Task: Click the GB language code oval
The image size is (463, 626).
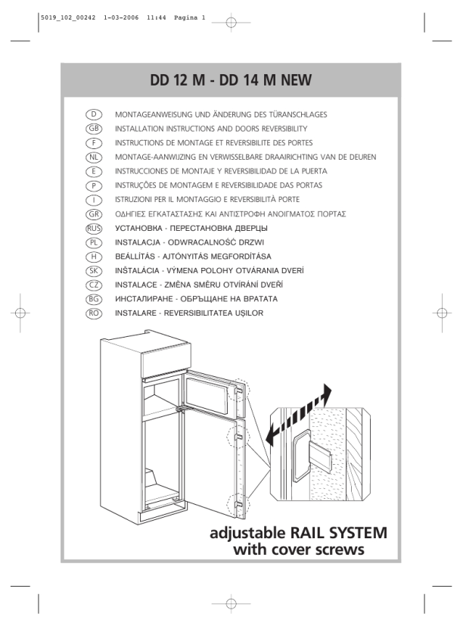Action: point(94,129)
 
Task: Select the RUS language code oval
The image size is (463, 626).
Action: point(94,229)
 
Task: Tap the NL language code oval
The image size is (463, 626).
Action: point(94,157)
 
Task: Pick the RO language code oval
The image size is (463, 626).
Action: point(94,313)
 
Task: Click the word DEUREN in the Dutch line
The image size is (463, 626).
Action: point(362,157)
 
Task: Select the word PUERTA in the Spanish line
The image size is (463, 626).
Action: point(314,171)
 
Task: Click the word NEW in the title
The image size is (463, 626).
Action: point(296,80)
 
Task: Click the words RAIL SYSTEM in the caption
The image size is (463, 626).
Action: point(338,533)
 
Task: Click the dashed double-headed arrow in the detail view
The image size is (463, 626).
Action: point(299,415)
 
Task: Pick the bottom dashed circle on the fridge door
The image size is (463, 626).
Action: point(238,505)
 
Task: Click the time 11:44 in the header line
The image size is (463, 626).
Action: point(156,17)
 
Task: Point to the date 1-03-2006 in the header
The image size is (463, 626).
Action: point(121,17)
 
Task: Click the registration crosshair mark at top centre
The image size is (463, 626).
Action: point(231,23)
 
